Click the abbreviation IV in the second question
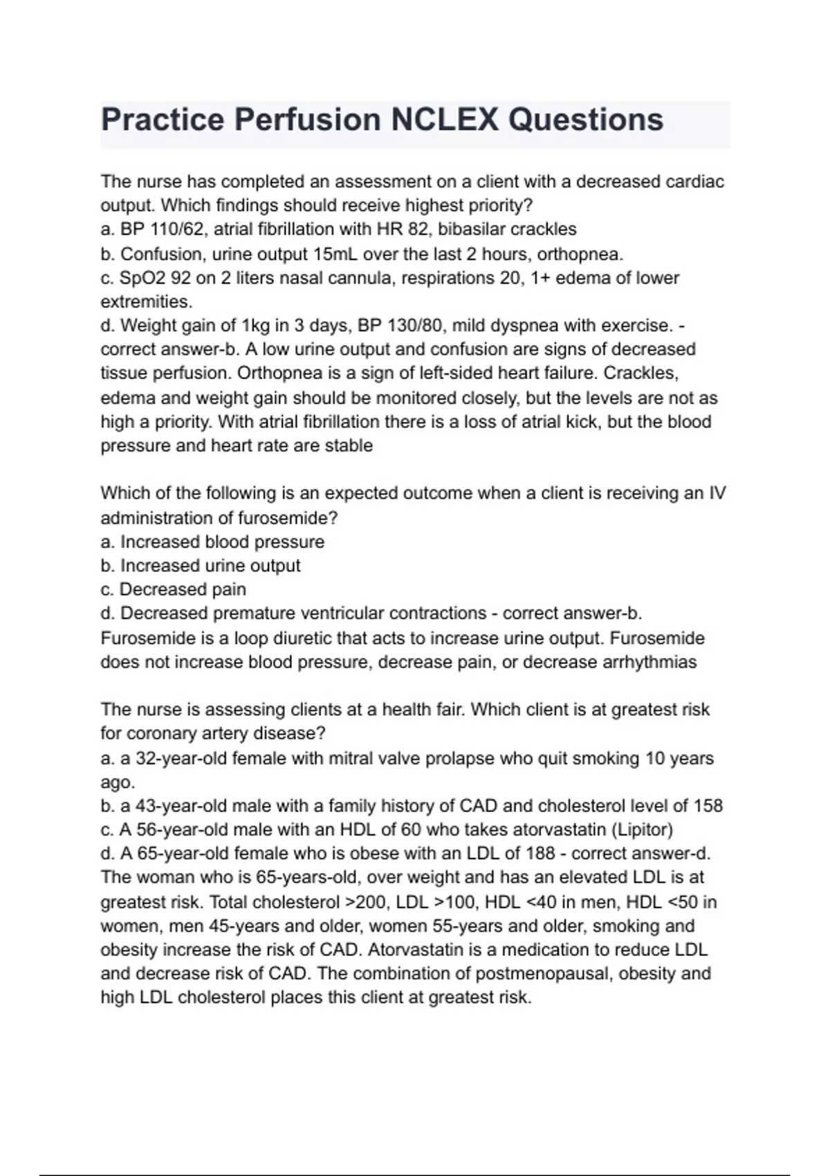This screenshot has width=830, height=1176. (x=717, y=493)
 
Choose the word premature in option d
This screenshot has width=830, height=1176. (x=247, y=614)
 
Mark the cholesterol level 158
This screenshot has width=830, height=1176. (x=708, y=806)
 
